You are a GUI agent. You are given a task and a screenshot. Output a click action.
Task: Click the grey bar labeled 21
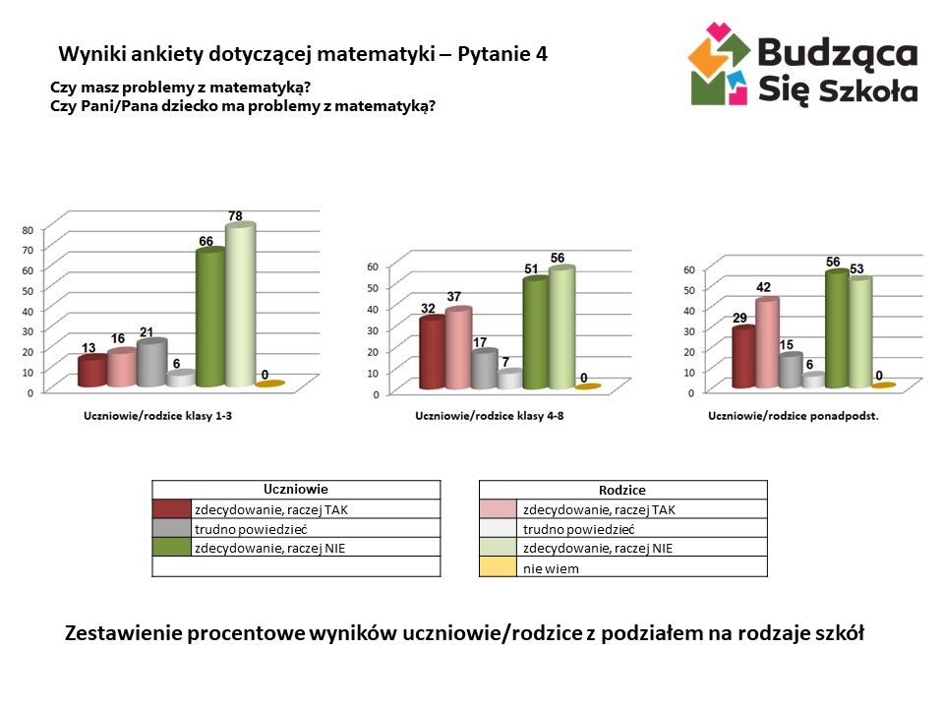click(150, 363)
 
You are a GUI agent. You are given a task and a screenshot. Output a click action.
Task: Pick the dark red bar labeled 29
click(743, 357)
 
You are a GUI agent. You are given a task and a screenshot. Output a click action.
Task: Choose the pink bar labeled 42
click(767, 343)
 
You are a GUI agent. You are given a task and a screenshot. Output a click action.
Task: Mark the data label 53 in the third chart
click(859, 268)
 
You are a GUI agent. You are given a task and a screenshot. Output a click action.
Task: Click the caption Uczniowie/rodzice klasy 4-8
click(489, 417)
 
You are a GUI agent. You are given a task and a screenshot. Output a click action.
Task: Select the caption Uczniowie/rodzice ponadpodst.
click(793, 417)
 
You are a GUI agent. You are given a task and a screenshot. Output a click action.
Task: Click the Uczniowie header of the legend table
click(295, 489)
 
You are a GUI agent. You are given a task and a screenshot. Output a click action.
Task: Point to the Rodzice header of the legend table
click(622, 490)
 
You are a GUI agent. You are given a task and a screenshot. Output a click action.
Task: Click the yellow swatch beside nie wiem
click(499, 567)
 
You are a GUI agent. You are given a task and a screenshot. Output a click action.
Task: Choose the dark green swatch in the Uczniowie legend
click(171, 548)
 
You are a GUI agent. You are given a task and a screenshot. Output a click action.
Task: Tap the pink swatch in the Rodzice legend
click(499, 509)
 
